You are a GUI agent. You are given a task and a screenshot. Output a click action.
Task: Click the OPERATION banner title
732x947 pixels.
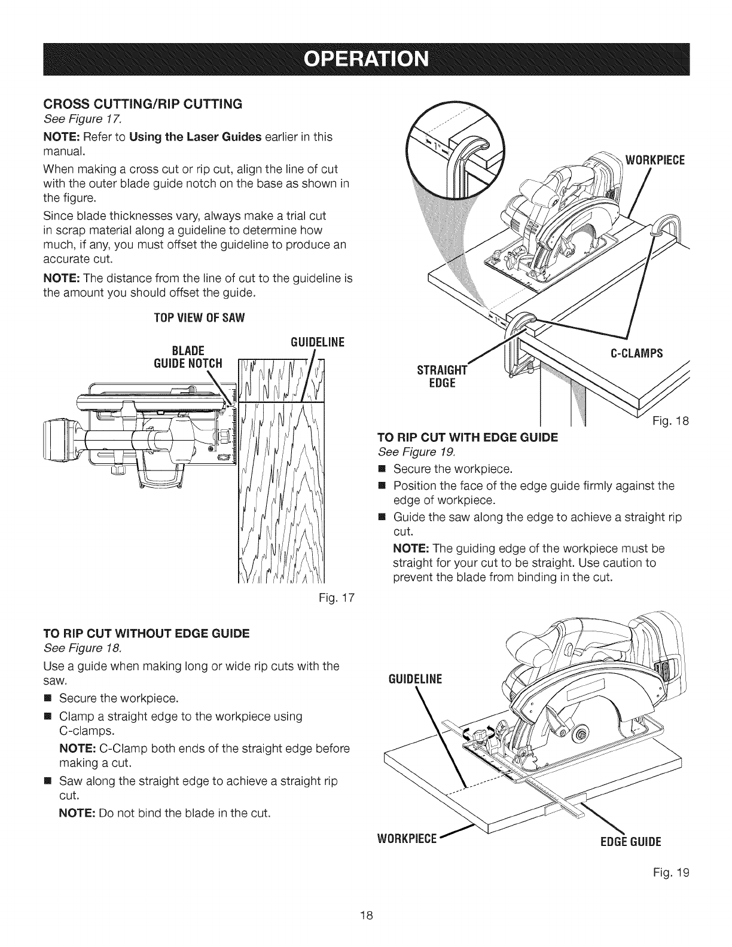[x=366, y=60]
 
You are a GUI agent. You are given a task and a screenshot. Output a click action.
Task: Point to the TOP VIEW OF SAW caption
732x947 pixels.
[x=184, y=317]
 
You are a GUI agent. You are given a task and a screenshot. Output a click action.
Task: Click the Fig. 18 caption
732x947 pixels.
[x=676, y=420]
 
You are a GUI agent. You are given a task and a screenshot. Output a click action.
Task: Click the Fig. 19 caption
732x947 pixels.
[x=676, y=872]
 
